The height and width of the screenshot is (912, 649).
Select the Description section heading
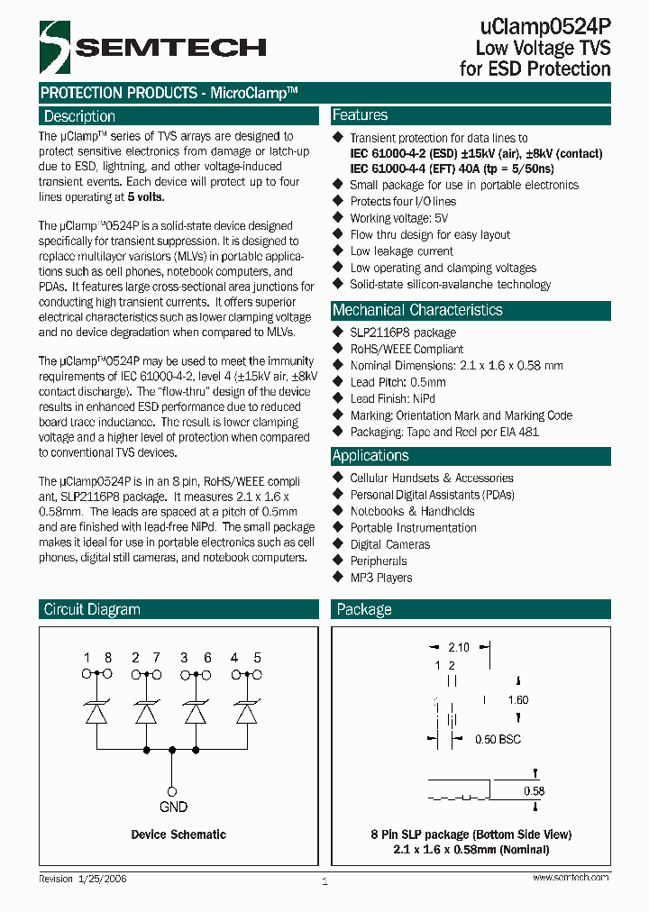[x=80, y=116]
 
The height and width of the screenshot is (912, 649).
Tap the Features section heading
[x=361, y=115]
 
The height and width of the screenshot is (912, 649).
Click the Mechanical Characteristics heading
[x=417, y=310]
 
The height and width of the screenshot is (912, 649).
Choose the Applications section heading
[x=370, y=456]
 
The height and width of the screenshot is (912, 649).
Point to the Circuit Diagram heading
[x=92, y=610]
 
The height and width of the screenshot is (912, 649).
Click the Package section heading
[x=364, y=610]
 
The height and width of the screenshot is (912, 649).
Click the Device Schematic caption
[x=178, y=834]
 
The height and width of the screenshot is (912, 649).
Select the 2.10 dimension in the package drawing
[x=459, y=647]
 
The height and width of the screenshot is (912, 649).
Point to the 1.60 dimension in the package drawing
[x=518, y=700]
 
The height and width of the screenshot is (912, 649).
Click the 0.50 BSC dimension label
[x=498, y=740]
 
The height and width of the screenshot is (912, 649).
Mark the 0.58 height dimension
[x=535, y=791]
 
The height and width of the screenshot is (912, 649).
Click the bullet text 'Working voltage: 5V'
[x=399, y=218]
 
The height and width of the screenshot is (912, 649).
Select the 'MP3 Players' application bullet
[x=381, y=578]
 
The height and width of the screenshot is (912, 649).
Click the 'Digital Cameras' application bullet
[x=390, y=544]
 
